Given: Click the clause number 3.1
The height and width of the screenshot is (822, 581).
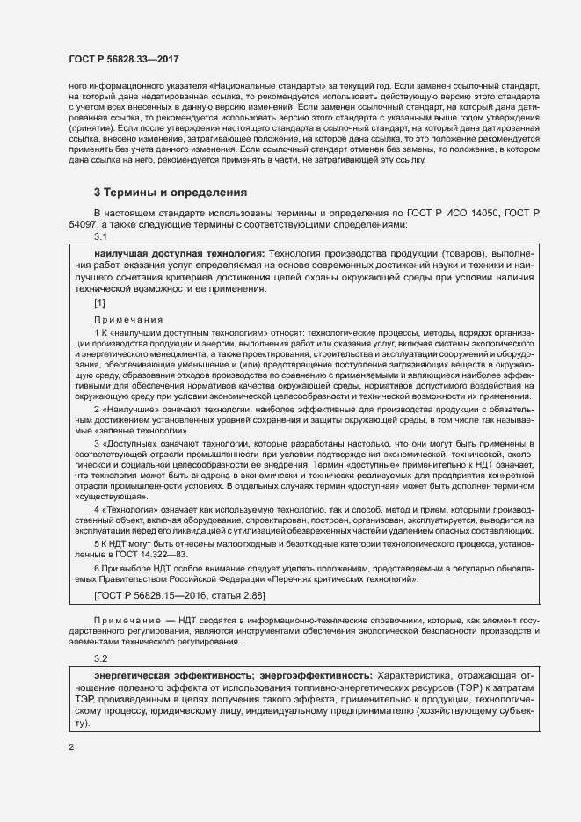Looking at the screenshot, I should [x=100, y=236].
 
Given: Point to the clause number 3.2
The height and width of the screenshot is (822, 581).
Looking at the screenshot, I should [x=100, y=658].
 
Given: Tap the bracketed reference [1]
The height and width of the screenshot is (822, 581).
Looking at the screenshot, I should [x=100, y=303].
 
